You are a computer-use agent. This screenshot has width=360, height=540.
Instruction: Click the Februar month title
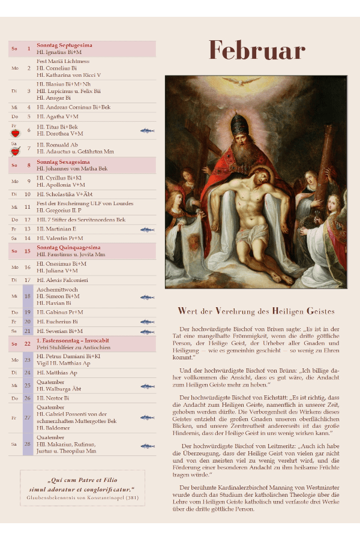pos(256,51)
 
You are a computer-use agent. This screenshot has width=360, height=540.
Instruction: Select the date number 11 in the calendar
pos(28,207)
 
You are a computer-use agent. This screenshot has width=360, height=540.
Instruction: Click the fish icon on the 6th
pos(147,130)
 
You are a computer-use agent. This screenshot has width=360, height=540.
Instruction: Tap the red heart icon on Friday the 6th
pos(15,133)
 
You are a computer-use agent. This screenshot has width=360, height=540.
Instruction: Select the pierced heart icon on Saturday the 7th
pos(15,151)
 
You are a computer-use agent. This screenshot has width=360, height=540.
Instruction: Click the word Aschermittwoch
pos(58,289)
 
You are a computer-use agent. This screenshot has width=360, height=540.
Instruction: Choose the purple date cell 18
pos(28,296)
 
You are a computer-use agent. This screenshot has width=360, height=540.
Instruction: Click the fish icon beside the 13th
pos(147,229)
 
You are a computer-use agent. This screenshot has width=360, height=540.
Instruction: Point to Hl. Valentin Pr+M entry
pos(60,238)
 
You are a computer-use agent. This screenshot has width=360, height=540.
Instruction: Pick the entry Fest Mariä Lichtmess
pos(63,61)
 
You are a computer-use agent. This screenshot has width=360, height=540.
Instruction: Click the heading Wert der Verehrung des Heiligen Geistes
pos(256,311)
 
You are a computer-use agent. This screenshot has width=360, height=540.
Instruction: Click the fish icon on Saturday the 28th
pos(147,446)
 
